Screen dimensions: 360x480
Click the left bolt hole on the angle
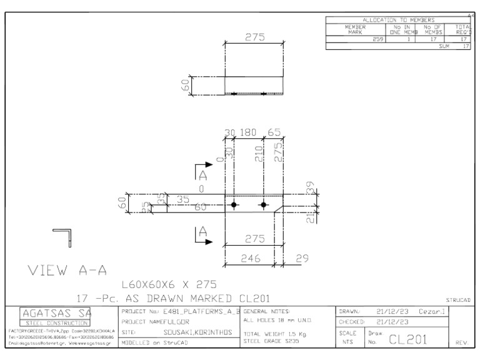pyautogui.click(x=233, y=205)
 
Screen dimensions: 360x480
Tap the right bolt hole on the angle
pyautogui.click(x=264, y=205)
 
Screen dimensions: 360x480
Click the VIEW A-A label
pyautogui.click(x=66, y=271)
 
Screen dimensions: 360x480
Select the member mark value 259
pyautogui.click(x=377, y=39)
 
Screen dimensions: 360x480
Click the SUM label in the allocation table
pyautogui.click(x=444, y=46)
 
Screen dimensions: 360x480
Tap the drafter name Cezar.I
pyautogui.click(x=431, y=310)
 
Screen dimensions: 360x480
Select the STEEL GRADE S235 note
pyautogui.click(x=268, y=341)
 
